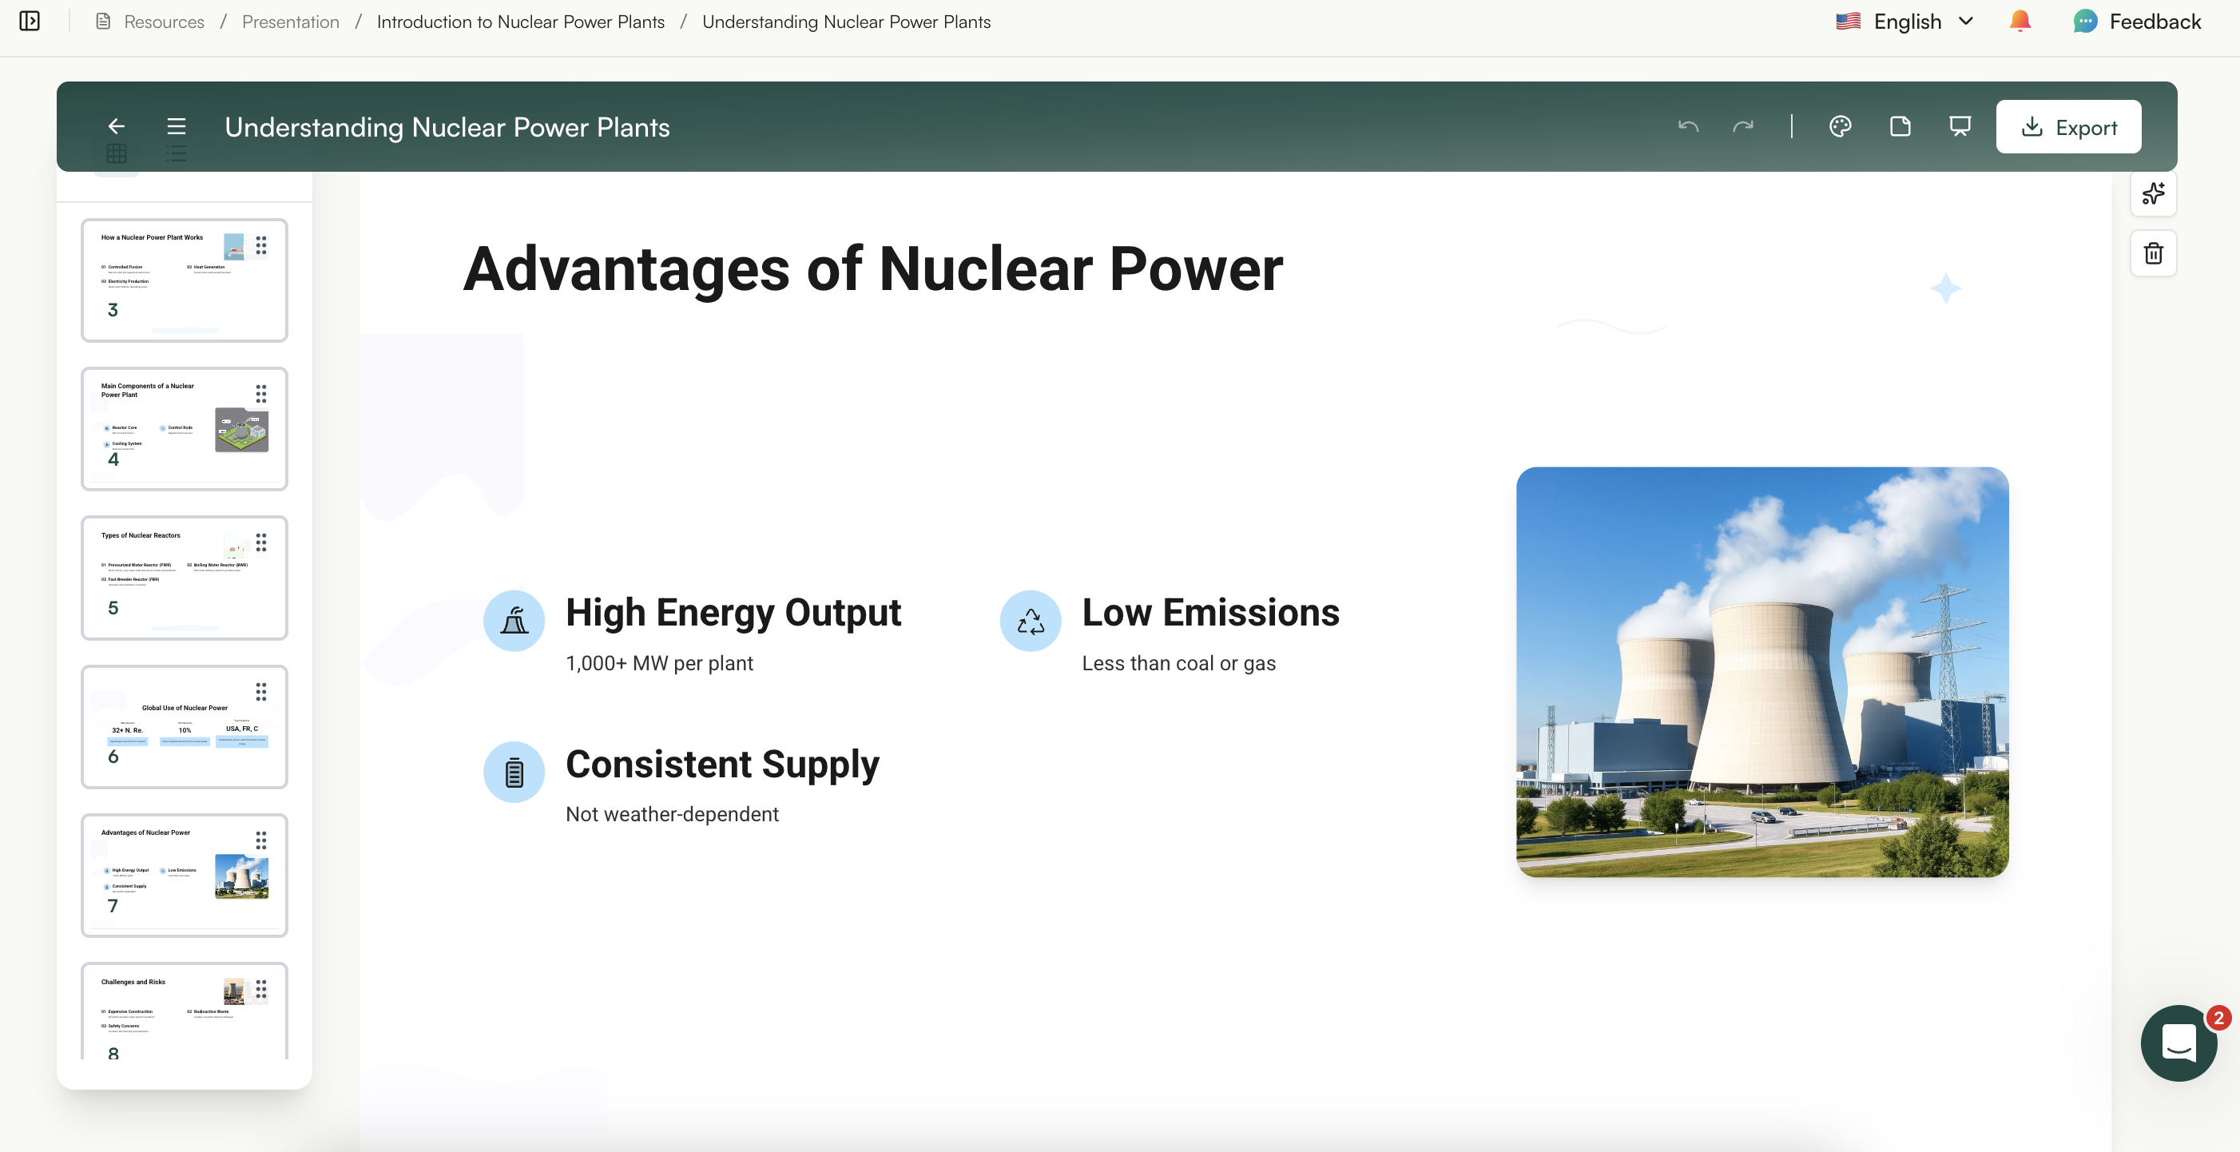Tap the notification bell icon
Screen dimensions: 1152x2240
point(2020,22)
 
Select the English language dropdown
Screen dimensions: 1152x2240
point(1904,22)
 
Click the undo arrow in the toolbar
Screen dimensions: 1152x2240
point(1688,127)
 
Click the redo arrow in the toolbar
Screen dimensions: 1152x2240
point(1742,127)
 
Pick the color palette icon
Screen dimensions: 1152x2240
point(1840,127)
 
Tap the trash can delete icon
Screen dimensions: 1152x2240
point(2153,254)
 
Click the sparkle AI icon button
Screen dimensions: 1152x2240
point(2153,194)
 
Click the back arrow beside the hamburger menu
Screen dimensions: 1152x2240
point(117,127)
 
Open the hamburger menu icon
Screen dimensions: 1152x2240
point(177,127)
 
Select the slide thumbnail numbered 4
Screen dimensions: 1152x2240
point(185,429)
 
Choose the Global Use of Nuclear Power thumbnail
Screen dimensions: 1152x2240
point(185,727)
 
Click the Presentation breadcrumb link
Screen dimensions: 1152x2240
point(291,22)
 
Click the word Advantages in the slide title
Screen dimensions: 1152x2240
point(626,268)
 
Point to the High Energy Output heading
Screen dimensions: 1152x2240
point(733,613)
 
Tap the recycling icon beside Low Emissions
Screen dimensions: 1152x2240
point(1031,621)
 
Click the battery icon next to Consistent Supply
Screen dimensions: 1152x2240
point(514,772)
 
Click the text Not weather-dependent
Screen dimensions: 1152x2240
point(672,815)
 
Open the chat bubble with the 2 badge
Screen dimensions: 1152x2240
point(2178,1043)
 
